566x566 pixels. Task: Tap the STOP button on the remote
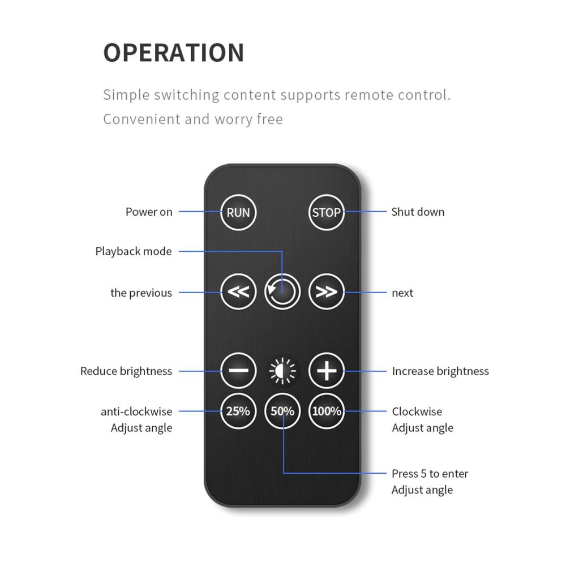coord(327,212)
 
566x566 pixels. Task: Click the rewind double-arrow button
coord(238,291)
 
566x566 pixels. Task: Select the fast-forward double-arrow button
coord(327,291)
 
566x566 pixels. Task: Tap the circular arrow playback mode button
coord(282,291)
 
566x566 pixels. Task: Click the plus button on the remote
coord(327,371)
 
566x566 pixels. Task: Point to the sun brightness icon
coord(282,371)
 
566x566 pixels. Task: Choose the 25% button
coord(238,411)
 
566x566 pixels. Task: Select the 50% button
coord(282,411)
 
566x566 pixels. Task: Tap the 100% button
coord(327,411)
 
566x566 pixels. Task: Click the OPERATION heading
coord(174,53)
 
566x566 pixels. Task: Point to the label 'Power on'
coord(149,212)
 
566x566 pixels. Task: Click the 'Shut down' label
coord(418,212)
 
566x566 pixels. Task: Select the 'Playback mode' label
coord(134,251)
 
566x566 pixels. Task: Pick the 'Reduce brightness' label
coord(126,371)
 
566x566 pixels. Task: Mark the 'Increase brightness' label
coord(440,371)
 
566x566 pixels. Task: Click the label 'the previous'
coord(141,293)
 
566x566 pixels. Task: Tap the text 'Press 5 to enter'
coord(430,474)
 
